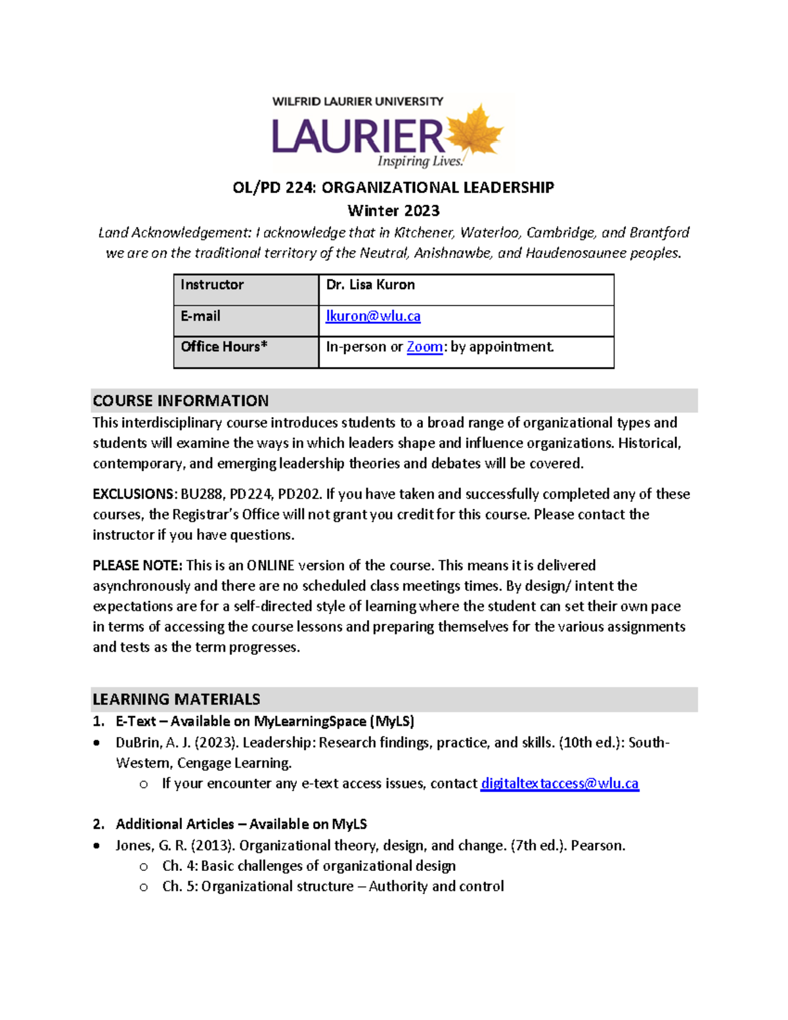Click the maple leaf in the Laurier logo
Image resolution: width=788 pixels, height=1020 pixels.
[474, 133]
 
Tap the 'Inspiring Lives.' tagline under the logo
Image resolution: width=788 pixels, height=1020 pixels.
[420, 161]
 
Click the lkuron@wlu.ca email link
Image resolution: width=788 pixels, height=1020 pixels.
[373, 316]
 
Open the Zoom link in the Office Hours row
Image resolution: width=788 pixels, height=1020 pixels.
[424, 347]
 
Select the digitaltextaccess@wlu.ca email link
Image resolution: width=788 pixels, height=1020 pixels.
[559, 783]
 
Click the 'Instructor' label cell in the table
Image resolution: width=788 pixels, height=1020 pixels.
[246, 289]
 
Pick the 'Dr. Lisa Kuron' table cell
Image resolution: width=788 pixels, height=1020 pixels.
[466, 289]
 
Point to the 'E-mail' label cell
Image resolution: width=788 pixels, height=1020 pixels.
[246, 321]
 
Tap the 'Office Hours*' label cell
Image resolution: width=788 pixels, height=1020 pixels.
[246, 351]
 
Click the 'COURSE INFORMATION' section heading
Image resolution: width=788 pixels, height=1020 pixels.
[181, 401]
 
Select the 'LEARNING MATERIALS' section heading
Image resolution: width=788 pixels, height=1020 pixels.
[176, 699]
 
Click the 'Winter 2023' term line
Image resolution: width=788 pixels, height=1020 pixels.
[393, 211]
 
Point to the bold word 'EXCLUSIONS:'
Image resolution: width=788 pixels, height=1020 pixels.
[135, 494]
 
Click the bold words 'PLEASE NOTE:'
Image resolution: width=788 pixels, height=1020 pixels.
[137, 565]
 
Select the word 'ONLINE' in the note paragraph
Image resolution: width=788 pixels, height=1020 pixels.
[270, 565]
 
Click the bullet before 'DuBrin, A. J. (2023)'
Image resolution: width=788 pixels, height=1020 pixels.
[97, 743]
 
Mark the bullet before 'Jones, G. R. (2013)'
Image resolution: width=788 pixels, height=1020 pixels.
[97, 846]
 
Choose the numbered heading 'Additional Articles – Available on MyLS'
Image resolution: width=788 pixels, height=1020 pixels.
[241, 824]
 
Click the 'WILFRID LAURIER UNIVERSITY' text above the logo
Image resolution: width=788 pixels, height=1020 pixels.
[358, 101]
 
